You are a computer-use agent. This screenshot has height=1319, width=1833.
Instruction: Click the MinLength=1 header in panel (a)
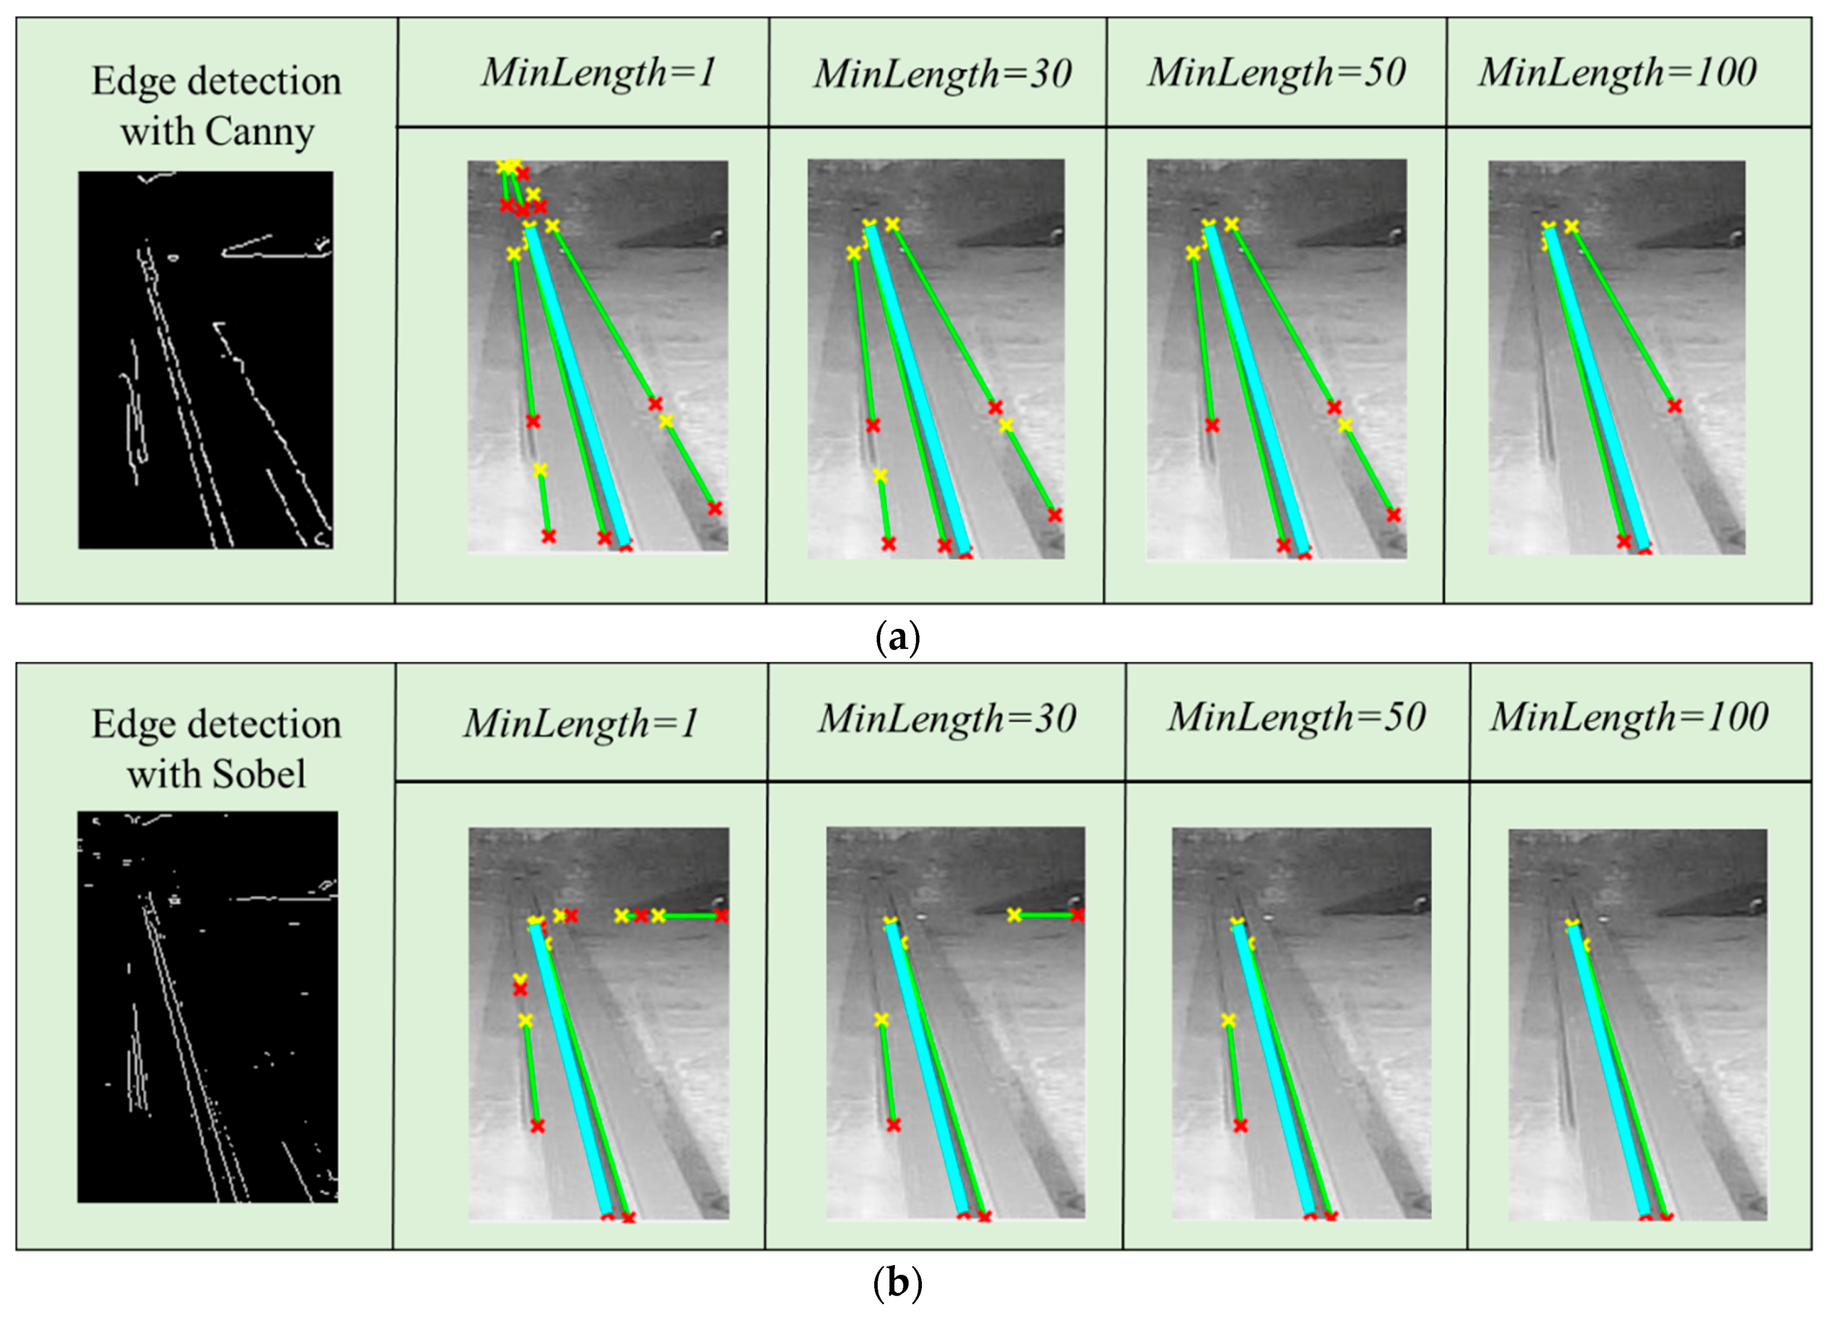click(598, 72)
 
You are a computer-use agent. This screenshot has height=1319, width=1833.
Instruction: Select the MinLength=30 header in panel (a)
click(942, 74)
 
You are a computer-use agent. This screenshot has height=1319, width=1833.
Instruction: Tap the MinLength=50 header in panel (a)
click(1276, 72)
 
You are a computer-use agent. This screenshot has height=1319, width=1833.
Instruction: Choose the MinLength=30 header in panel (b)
click(947, 719)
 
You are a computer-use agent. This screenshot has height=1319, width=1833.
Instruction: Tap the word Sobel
click(260, 774)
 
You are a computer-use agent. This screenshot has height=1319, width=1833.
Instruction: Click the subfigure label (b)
click(897, 1283)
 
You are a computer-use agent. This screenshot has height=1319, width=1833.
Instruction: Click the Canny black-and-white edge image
click(205, 360)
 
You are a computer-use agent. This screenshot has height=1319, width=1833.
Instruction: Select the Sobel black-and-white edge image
click(207, 1006)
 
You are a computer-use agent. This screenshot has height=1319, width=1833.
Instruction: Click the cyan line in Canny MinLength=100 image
click(1596, 388)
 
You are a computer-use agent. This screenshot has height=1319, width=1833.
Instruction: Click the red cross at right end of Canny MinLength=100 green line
click(1674, 406)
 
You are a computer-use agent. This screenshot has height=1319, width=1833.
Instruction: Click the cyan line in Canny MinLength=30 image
click(917, 388)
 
